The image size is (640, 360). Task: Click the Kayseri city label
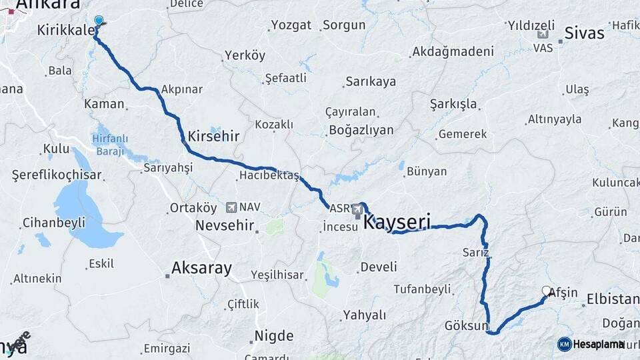397,221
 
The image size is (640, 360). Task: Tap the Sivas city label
584,33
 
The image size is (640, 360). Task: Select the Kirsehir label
213,135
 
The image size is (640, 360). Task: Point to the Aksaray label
201,269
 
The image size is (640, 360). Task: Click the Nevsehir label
225,225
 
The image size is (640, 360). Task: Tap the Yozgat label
291,25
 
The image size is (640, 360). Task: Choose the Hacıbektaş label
269,175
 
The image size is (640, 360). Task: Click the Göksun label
467,326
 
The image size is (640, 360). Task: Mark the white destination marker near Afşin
547,291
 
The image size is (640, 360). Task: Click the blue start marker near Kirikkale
99,21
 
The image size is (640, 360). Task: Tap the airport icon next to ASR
358,209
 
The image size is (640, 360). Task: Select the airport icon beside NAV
231,208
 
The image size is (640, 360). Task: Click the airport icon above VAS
543,35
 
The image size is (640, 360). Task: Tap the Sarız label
476,253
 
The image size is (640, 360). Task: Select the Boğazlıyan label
360,130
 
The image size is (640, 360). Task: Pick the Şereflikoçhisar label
57,175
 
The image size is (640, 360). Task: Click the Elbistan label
611,299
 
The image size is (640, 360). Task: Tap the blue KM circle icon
565,344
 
